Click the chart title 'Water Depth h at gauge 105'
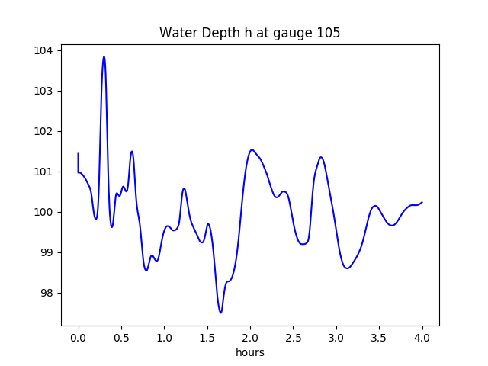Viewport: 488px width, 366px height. pos(249,33)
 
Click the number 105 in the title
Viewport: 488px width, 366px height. pos(329,33)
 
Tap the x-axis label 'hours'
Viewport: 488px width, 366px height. pos(250,353)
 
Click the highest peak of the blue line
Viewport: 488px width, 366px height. pos(104,56)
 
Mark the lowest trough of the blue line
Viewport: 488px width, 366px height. pos(220,313)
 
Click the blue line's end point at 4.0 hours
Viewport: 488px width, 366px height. pos(422,202)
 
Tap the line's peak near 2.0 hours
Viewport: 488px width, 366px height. pos(252,149)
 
